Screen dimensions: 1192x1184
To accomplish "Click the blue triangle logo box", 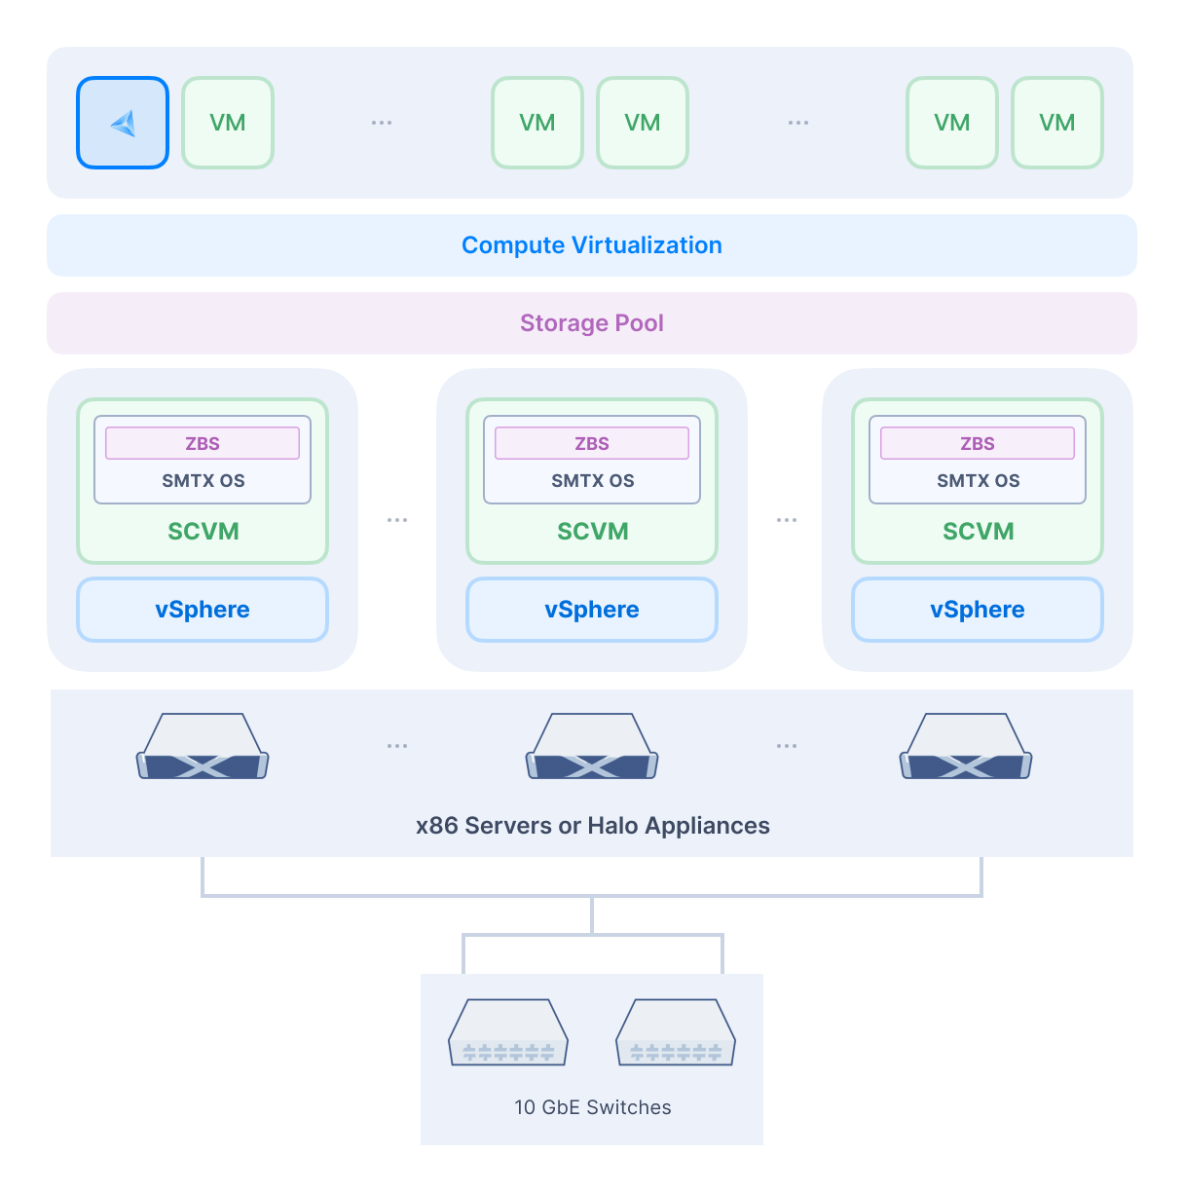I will point(123,123).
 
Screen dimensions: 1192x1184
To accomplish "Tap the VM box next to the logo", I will point(228,123).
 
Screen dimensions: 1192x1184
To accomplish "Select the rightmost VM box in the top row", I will point(1057,123).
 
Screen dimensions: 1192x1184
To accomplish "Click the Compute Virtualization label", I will point(592,245).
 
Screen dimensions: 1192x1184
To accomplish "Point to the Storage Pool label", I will point(592,323).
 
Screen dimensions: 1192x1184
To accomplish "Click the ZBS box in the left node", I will point(203,443).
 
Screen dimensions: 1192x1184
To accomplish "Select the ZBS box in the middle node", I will point(592,443).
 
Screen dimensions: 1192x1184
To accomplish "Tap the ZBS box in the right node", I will point(978,443).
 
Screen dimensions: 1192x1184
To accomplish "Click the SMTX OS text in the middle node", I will point(592,481).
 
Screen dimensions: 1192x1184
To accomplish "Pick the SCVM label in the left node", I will point(203,532).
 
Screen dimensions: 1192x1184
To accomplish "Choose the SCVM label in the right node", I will point(978,532).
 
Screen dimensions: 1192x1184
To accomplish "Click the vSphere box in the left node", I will point(203,610).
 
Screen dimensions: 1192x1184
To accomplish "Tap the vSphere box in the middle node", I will point(592,610).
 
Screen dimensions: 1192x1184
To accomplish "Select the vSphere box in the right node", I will point(978,610).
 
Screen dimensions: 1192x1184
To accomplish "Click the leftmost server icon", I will point(203,747).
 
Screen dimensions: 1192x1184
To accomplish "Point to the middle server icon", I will point(592,747).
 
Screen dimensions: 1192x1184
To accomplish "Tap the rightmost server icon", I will point(966,747).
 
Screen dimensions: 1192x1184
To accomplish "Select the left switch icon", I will point(508,1032).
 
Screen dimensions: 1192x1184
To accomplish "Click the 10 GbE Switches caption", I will point(592,1107).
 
